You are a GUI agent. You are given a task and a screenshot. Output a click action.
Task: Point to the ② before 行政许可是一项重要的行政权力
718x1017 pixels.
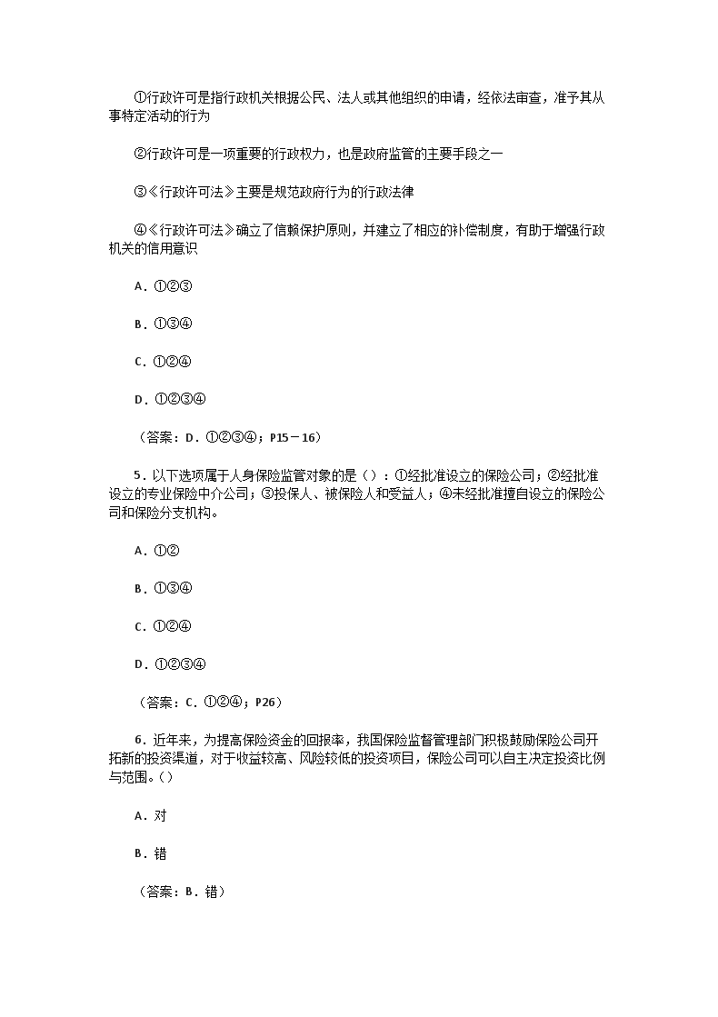[x=140, y=155]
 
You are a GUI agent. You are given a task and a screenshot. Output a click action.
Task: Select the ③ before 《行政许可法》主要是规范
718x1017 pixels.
[x=140, y=193]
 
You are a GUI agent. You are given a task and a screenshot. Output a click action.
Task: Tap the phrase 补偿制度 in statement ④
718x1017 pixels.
[x=478, y=231]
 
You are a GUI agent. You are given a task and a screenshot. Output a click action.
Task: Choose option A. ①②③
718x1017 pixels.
[x=162, y=286]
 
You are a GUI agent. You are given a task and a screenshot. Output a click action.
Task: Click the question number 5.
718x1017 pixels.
[x=137, y=475]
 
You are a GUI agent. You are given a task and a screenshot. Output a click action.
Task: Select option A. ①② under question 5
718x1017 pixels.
[x=155, y=550]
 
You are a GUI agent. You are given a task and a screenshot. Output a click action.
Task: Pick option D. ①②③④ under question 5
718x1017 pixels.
[x=169, y=663]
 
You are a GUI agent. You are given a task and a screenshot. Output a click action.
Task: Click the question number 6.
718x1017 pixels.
[x=137, y=740]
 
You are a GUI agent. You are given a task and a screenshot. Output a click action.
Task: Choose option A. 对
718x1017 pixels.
[x=150, y=816]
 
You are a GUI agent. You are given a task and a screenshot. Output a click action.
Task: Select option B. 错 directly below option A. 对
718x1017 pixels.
[x=150, y=854]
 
